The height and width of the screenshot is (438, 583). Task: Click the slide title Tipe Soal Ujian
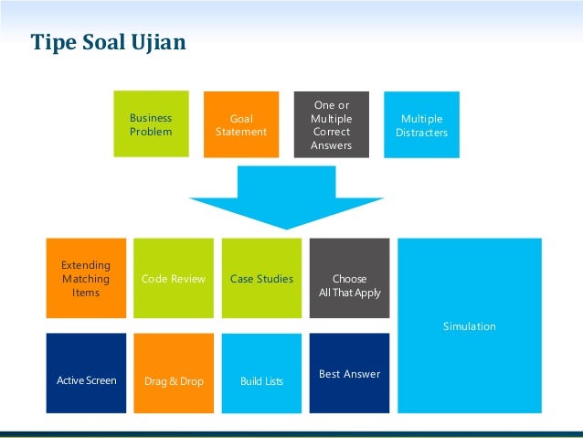(x=108, y=43)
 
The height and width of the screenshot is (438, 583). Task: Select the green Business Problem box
(x=151, y=125)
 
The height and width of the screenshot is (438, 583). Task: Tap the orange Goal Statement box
(x=241, y=125)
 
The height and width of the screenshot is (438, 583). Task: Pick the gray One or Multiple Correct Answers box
(x=331, y=125)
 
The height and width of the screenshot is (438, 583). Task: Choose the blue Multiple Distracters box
(x=421, y=125)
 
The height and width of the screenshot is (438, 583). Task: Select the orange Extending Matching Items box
(x=86, y=278)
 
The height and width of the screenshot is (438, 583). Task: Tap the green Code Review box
(x=174, y=278)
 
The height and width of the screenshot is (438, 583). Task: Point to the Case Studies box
(x=261, y=278)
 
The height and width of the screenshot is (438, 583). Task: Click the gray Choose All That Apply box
(x=349, y=278)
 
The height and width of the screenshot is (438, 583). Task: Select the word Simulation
(x=470, y=326)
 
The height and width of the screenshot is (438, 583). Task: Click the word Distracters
(x=421, y=133)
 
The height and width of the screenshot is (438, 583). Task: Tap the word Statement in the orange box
(x=241, y=132)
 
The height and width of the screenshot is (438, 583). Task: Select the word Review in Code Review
(x=188, y=279)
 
